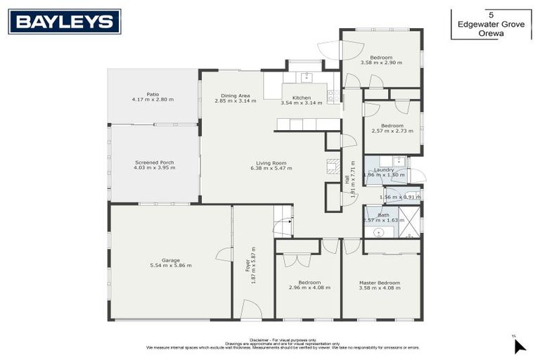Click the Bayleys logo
tap(65, 22)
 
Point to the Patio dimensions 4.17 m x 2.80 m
tap(152, 99)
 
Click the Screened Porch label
tap(154, 162)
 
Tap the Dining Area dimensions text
tap(236, 101)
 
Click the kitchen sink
tap(306, 76)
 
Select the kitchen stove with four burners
tap(333, 96)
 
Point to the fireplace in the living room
tap(333, 166)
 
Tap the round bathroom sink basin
tap(379, 231)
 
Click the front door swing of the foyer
tap(251, 309)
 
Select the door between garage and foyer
tap(226, 255)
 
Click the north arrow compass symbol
tap(519, 345)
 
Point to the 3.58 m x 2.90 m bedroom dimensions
tap(381, 63)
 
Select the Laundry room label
tap(384, 169)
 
